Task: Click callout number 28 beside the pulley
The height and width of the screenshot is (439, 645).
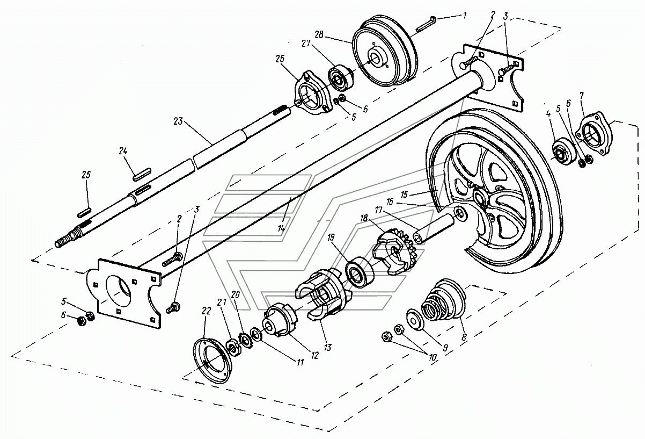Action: pyautogui.click(x=319, y=34)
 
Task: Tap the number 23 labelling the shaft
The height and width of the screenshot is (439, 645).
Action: pyautogui.click(x=178, y=121)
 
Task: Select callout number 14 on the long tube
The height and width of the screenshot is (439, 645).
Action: pyautogui.click(x=281, y=228)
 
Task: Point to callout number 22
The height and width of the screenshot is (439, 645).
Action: pyautogui.click(x=206, y=311)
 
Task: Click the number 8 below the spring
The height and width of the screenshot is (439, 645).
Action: pyautogui.click(x=464, y=337)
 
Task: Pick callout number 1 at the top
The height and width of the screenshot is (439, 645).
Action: pyautogui.click(x=465, y=15)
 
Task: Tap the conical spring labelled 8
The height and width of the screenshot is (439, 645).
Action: pyautogui.click(x=444, y=299)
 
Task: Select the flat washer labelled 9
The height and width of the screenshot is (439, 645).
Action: pyautogui.click(x=415, y=319)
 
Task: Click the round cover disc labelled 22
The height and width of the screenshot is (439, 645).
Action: pyautogui.click(x=212, y=361)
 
